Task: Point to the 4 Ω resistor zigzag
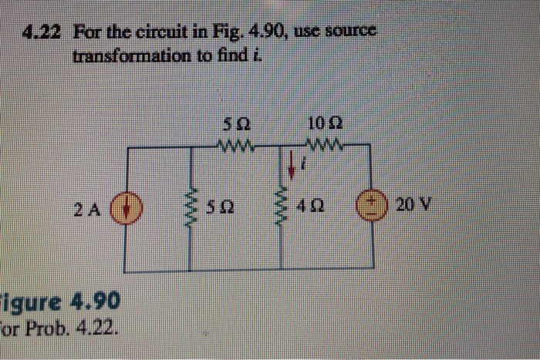point(282,207)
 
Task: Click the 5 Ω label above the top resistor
point(235,123)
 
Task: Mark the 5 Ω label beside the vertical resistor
point(224,207)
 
